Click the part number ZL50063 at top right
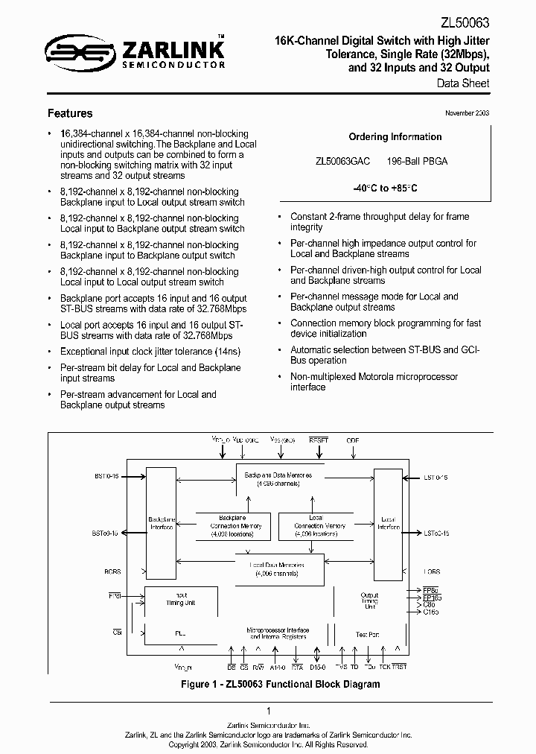[x=465, y=22]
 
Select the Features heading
[x=70, y=113]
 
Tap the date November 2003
[x=467, y=113]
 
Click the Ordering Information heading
[x=395, y=136]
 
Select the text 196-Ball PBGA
[x=417, y=161]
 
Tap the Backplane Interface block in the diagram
[x=162, y=522]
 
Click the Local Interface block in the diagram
[x=389, y=522]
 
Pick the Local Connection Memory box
[x=316, y=525]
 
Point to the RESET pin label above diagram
[x=319, y=440]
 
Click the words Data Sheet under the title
[x=462, y=83]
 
